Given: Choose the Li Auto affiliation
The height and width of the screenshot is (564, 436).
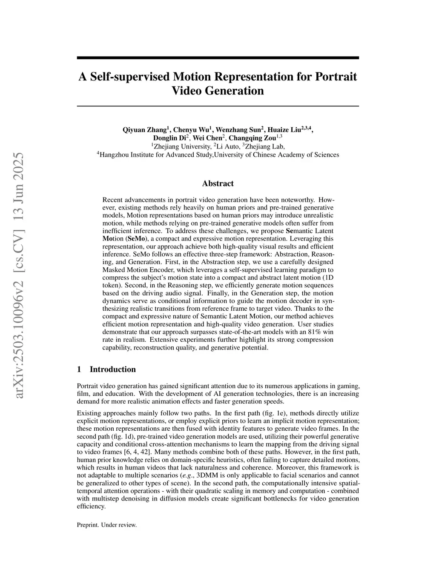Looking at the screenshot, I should tap(226, 146).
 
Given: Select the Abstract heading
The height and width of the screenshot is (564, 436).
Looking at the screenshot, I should tap(218, 183).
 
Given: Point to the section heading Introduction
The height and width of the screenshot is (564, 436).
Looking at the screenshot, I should tap(112, 369).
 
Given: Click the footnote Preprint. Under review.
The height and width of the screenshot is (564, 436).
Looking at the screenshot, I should tap(107, 525).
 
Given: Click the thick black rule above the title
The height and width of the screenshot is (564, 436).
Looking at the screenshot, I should tap(218, 57).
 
